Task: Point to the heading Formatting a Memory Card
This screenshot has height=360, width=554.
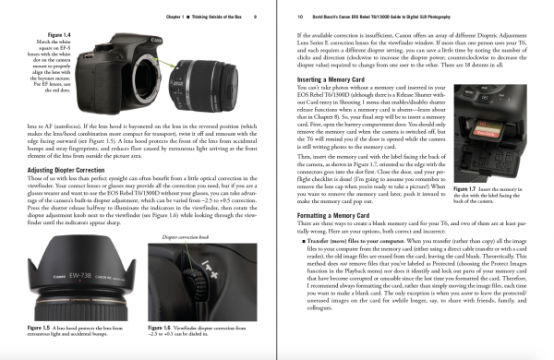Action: tap(341, 214)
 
